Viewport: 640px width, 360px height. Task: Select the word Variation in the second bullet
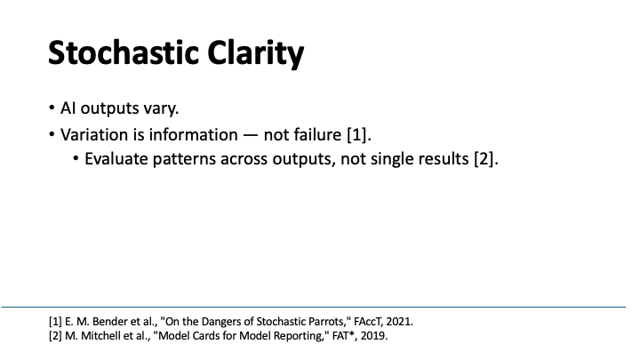pyautogui.click(x=95, y=136)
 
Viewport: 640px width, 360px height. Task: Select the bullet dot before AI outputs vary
pyautogui.click(x=52, y=109)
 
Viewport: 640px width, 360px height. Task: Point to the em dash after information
pyautogui.click(x=245, y=136)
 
